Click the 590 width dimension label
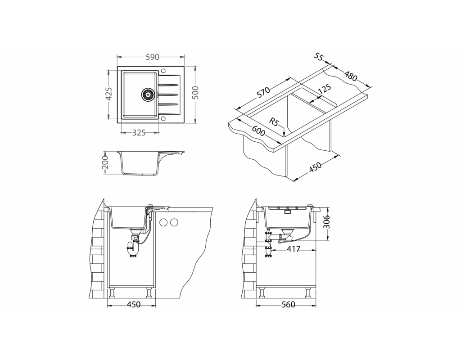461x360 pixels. pos(152,57)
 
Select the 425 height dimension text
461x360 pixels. pos(109,94)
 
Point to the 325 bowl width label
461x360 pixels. pos(139,133)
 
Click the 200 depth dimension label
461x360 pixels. pos(105,162)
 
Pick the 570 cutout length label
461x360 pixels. pos(263,92)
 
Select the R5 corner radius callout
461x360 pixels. pos(274,122)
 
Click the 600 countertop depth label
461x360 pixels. pos(258,130)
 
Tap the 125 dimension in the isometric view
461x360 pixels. pos(324,89)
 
